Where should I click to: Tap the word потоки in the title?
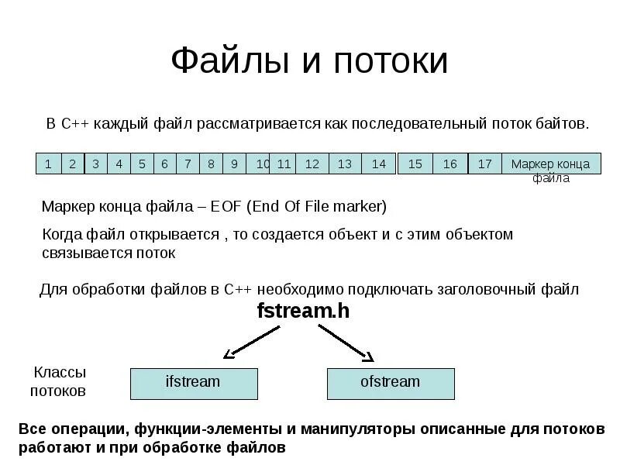tap(391, 62)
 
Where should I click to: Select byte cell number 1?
tap(48, 164)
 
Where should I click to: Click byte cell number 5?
tap(142, 164)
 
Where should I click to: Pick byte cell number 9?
tap(234, 164)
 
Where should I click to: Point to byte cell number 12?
tap(312, 164)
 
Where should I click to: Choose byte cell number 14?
tap(378, 164)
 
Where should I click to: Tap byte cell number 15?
tap(415, 164)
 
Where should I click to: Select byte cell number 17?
tap(485, 164)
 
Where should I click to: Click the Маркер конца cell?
tap(551, 164)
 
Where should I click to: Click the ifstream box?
tap(193, 383)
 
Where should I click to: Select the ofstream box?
tap(391, 383)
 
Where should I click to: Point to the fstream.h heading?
tap(303, 312)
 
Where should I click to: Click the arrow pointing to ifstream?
tap(252, 341)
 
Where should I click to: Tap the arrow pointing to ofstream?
tap(347, 341)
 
